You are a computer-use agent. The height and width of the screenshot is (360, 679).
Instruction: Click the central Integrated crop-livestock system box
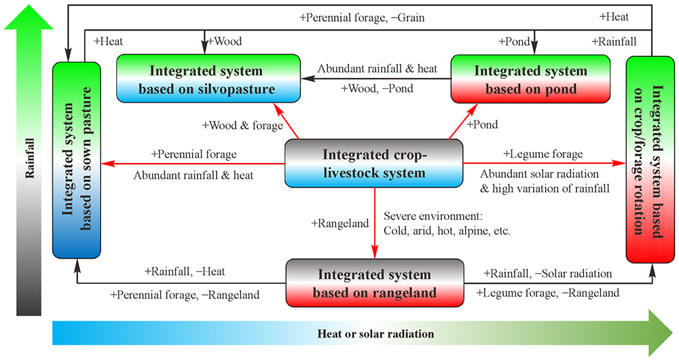(373, 164)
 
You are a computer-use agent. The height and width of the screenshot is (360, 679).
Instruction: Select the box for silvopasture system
(207, 79)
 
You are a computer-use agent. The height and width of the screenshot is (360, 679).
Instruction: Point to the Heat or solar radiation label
(375, 334)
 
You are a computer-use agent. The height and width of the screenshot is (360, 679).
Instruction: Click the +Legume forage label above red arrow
(533, 154)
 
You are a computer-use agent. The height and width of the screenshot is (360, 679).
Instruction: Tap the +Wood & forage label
(232, 126)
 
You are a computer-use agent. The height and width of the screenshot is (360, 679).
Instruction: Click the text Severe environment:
(433, 217)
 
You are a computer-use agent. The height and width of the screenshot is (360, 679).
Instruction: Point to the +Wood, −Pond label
(377, 88)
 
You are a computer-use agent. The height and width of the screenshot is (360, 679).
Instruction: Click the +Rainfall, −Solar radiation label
(547, 274)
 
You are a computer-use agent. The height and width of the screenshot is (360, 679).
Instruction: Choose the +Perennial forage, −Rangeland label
(185, 295)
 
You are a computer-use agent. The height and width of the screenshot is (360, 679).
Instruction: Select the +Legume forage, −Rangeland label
(547, 293)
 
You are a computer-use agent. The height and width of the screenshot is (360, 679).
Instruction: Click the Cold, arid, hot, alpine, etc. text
(447, 230)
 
